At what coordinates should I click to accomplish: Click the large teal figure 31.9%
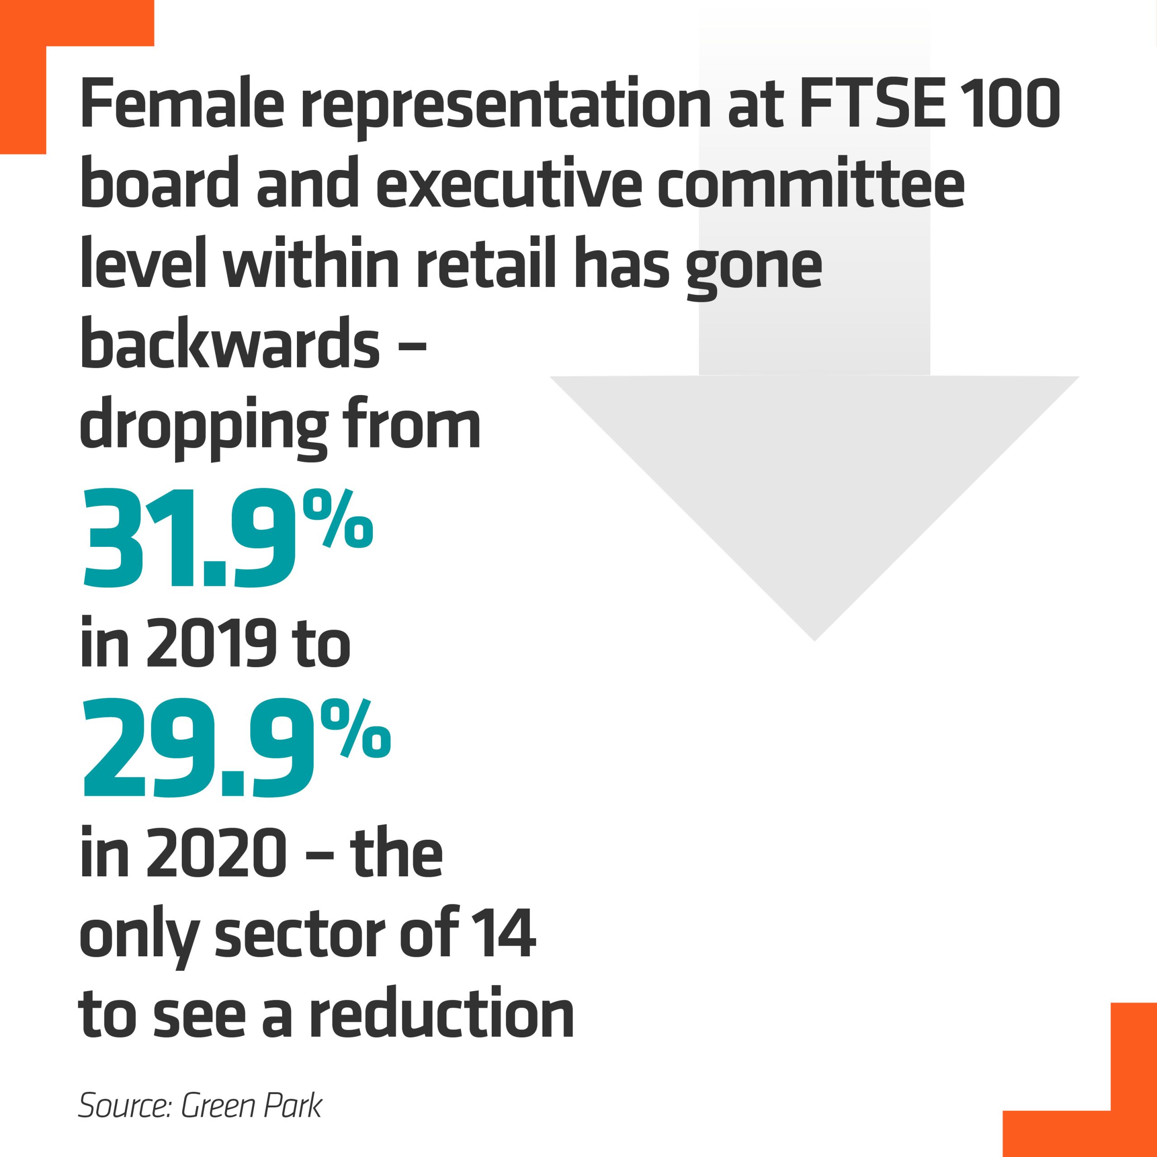[226, 539]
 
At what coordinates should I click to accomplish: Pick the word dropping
[204, 428]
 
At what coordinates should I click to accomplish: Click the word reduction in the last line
[442, 1016]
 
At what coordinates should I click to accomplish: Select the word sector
[300, 935]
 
